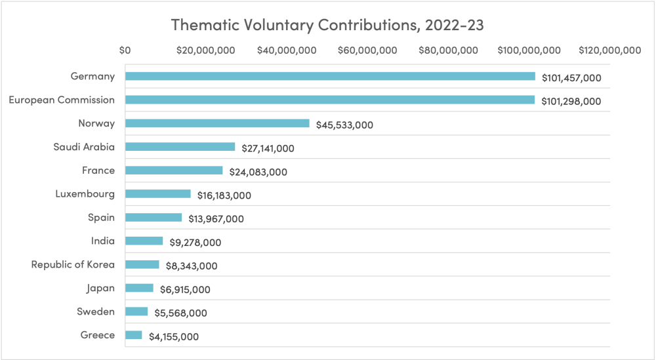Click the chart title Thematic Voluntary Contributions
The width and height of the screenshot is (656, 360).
tap(327, 25)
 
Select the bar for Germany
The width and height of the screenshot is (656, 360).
tap(330, 76)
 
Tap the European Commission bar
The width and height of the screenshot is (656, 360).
tap(329, 100)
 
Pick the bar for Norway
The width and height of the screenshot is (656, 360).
tap(217, 123)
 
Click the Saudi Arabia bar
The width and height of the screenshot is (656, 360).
tap(180, 147)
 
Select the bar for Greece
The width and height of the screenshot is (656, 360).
tap(133, 335)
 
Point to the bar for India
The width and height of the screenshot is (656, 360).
tap(144, 241)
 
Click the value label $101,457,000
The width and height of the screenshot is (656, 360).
tap(571, 78)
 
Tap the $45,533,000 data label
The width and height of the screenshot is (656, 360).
tap(344, 125)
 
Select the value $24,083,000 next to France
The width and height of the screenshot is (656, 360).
tap(258, 172)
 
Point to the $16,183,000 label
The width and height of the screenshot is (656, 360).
tap(224, 195)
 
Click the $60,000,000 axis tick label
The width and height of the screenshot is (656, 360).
tap(368, 50)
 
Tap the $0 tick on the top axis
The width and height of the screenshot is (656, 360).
tap(125, 50)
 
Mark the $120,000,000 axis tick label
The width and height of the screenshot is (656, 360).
tap(609, 50)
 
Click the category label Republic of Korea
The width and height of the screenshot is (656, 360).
tap(73, 265)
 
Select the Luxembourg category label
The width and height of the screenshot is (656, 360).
tap(85, 194)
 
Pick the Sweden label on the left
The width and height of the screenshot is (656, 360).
tap(96, 311)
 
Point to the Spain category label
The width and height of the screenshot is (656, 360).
tap(101, 217)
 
